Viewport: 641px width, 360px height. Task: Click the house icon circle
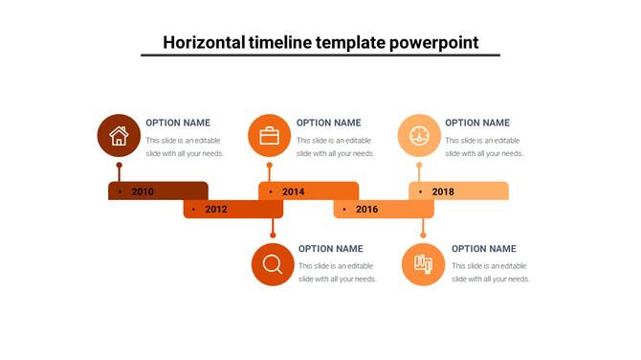pyautogui.click(x=119, y=135)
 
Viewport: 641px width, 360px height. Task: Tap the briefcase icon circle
pyautogui.click(x=269, y=135)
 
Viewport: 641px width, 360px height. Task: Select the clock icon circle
pyautogui.click(x=419, y=135)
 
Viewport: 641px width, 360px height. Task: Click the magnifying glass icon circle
pyautogui.click(x=273, y=264)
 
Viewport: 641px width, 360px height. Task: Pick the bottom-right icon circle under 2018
pyautogui.click(x=423, y=264)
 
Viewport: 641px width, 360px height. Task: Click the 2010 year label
pyautogui.click(x=143, y=191)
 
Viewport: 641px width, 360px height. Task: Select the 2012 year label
pyautogui.click(x=216, y=210)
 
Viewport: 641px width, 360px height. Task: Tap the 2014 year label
pyautogui.click(x=293, y=191)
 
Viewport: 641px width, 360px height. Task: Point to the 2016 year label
pyautogui.click(x=366, y=210)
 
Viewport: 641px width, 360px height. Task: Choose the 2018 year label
pyautogui.click(x=443, y=191)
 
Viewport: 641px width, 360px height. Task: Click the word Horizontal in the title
pyautogui.click(x=205, y=42)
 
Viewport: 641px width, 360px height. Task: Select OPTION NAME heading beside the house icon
pyautogui.click(x=178, y=123)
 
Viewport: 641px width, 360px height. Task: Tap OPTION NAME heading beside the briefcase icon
pyautogui.click(x=328, y=123)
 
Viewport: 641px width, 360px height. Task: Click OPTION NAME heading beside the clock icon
pyautogui.click(x=477, y=123)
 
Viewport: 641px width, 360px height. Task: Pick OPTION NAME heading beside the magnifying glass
pyautogui.click(x=330, y=249)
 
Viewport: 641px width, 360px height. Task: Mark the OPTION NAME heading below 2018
pyautogui.click(x=483, y=249)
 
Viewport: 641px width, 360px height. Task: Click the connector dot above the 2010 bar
pyautogui.click(x=119, y=165)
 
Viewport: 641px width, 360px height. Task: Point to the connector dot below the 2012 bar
pyautogui.click(x=273, y=235)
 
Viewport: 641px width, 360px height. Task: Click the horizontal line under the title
pyautogui.click(x=320, y=56)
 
